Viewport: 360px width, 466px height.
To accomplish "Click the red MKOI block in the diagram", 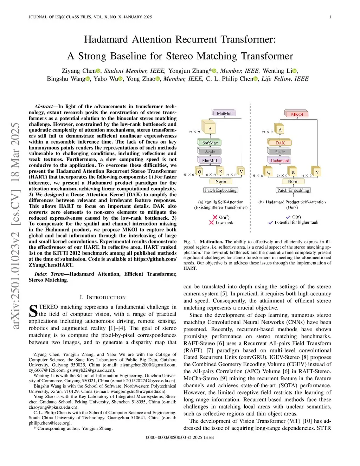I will [297, 114].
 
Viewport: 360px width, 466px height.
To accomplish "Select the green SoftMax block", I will [210, 143].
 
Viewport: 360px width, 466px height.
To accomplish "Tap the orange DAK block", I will [280, 143].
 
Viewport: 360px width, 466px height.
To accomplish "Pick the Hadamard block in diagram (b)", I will [280, 161].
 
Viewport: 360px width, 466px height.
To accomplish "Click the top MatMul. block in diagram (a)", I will [224, 113].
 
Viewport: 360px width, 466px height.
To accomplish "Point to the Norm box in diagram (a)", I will [220, 181].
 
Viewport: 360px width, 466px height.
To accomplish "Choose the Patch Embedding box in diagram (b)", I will [293, 190].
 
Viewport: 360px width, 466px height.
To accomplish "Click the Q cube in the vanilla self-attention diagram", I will [199, 172].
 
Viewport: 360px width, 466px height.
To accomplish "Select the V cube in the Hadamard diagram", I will [317, 172].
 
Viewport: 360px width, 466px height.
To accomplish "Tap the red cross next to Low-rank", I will [211, 222].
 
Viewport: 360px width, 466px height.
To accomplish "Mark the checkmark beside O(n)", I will [288, 217].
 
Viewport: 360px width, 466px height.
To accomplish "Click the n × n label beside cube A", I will [194, 132].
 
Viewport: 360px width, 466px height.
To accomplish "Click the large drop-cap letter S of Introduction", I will [33, 311].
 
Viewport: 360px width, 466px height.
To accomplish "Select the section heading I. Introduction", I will [102, 297].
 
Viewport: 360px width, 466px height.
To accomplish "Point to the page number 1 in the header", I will [330, 17].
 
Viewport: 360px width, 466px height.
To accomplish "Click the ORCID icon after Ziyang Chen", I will [98, 71].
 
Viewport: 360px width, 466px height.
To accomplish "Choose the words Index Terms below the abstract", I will [49, 274].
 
